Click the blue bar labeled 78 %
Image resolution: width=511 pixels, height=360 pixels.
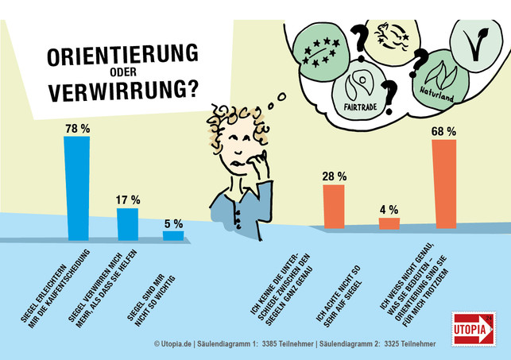(76, 188)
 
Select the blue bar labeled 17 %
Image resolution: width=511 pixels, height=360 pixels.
(127, 224)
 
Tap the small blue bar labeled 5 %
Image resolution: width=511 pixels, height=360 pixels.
(173, 235)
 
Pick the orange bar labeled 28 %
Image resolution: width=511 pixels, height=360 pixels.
(333, 207)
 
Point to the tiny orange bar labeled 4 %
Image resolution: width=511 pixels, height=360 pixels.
(389, 223)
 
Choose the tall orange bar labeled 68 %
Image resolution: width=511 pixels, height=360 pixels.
(443, 184)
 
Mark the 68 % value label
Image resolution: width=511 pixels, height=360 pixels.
(443, 131)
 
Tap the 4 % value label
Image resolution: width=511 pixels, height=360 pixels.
(389, 210)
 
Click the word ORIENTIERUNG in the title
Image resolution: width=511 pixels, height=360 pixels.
(122, 56)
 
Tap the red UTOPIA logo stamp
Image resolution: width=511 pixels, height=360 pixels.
(472, 327)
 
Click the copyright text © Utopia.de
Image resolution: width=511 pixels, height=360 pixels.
(182, 344)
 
